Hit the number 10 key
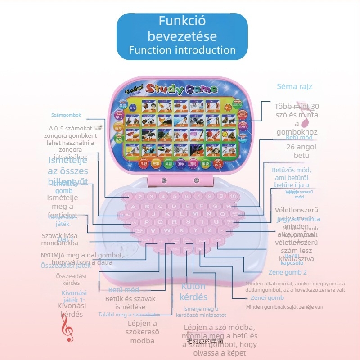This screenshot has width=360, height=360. [x=232, y=197]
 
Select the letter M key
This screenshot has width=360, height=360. [x=195, y=214]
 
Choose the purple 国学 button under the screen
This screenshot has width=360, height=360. [x=181, y=164]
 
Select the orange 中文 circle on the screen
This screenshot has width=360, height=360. [x=242, y=108]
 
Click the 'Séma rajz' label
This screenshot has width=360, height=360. [x=294, y=86]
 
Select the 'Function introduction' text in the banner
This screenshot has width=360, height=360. [x=182, y=50]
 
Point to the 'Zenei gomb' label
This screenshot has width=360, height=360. [x=267, y=297]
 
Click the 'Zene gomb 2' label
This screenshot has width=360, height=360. [x=288, y=272]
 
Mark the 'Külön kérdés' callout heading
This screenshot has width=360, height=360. [x=193, y=292]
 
